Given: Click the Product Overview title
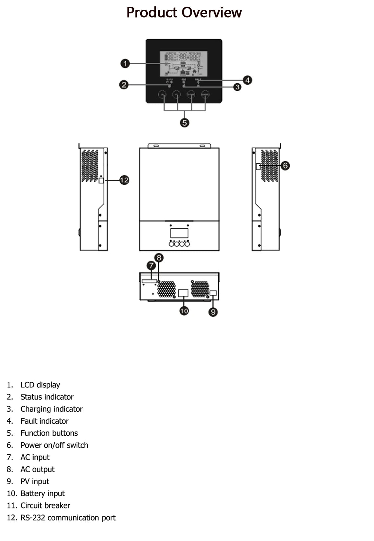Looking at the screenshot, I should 184,12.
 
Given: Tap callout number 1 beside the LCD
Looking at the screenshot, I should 125,64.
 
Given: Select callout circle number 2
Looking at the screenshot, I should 124,85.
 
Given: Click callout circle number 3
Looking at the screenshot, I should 237,87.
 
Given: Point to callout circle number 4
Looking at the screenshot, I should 247,80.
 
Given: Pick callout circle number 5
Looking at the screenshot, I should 184,123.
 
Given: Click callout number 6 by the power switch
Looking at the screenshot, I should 285,165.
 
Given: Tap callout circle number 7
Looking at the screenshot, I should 151,266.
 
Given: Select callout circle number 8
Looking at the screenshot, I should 159,257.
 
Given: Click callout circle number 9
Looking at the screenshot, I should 213,312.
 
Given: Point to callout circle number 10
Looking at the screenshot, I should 184,310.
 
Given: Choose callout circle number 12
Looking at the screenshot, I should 124,180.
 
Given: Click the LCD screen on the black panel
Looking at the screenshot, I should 184,64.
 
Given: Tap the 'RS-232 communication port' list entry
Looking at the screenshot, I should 68,517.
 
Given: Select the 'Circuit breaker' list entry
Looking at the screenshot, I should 45,506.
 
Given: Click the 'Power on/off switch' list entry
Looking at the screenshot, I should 54,445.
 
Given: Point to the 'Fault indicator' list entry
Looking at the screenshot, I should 45,421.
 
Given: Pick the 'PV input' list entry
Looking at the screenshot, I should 35,481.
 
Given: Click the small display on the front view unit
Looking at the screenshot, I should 179,233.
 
